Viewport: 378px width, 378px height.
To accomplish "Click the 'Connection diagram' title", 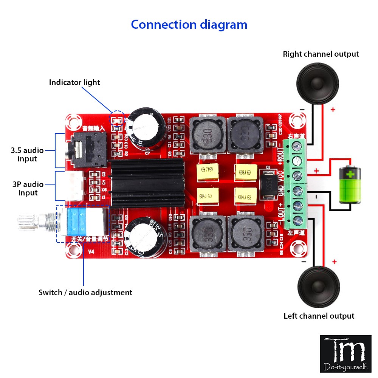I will coord(189,25).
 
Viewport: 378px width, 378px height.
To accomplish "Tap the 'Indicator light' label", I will coord(74,82).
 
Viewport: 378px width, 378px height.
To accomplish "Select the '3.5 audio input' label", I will coord(27,155).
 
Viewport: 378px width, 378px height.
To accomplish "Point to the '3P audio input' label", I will coord(28,189).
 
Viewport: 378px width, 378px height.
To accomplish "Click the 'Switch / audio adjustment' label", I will coord(85,292).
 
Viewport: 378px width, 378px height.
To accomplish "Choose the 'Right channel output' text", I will coord(321,54).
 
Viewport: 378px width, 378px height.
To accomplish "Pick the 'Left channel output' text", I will coord(319,316).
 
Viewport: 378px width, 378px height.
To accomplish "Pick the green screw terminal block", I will coord(297,181).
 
